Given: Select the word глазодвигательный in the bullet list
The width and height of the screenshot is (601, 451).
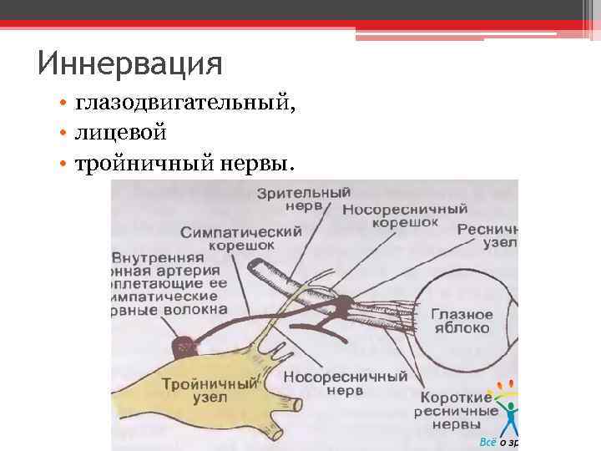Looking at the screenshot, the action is pos(184,104).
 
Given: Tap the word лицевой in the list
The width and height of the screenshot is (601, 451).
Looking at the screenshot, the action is pos(121,131).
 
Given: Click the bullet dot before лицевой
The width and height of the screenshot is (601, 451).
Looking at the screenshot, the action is pos(64,132).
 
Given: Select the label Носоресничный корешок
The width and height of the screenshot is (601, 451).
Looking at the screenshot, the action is pos(404,216).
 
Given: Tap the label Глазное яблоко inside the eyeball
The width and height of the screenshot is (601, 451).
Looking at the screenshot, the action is pos(461,322).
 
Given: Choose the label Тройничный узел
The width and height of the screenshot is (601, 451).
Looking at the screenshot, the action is pos(209,391).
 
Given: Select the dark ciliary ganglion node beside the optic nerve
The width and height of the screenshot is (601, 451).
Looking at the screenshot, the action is pos(340,311).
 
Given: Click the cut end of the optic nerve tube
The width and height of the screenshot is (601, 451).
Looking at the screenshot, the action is pos(256,270).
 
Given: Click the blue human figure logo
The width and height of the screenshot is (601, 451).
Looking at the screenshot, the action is pos(507,413).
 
